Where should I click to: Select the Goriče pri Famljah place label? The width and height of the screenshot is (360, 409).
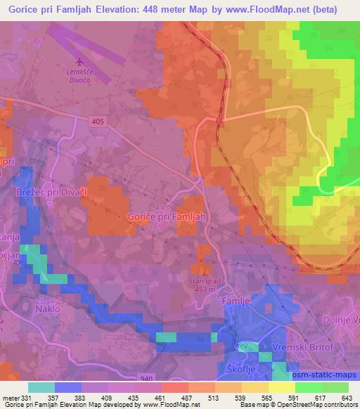[167, 217]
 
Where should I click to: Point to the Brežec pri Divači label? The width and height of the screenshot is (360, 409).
[44, 190]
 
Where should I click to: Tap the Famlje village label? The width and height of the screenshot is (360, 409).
[236, 302]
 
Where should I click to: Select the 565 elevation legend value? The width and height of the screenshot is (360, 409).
[268, 398]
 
